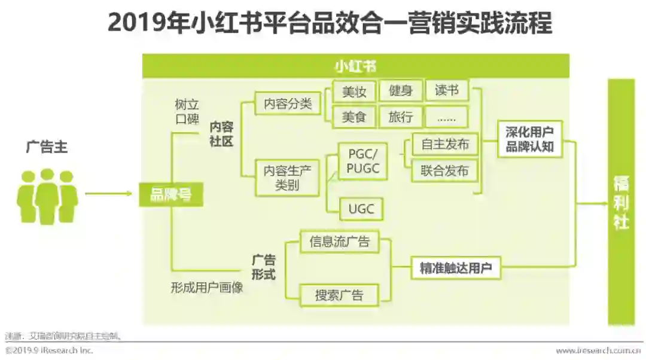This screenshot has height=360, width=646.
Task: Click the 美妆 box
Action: [x=354, y=91]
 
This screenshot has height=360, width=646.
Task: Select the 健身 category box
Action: [x=401, y=91]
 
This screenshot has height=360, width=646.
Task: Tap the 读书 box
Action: [x=447, y=90]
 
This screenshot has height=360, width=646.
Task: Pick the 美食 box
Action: [x=354, y=117]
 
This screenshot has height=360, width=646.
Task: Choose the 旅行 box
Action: [x=401, y=117]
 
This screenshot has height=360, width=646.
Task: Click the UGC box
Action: [x=361, y=209]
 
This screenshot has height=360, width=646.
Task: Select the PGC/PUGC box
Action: [x=363, y=161]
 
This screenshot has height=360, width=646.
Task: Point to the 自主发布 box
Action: [x=445, y=144]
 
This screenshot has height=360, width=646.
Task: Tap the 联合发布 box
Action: [x=445, y=171]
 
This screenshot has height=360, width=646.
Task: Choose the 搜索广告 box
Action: [x=339, y=294]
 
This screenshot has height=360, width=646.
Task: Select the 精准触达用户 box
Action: [x=455, y=269]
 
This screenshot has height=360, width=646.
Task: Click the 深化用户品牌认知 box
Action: [x=530, y=139]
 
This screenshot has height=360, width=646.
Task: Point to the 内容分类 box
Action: [x=288, y=104]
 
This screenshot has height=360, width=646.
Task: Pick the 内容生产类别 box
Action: [x=288, y=178]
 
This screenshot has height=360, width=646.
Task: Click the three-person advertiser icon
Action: [x=47, y=195]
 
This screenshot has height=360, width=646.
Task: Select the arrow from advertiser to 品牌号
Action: [x=108, y=193]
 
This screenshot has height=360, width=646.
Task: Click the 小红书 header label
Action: [x=355, y=66]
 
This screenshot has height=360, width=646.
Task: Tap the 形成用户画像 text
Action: [x=206, y=288]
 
